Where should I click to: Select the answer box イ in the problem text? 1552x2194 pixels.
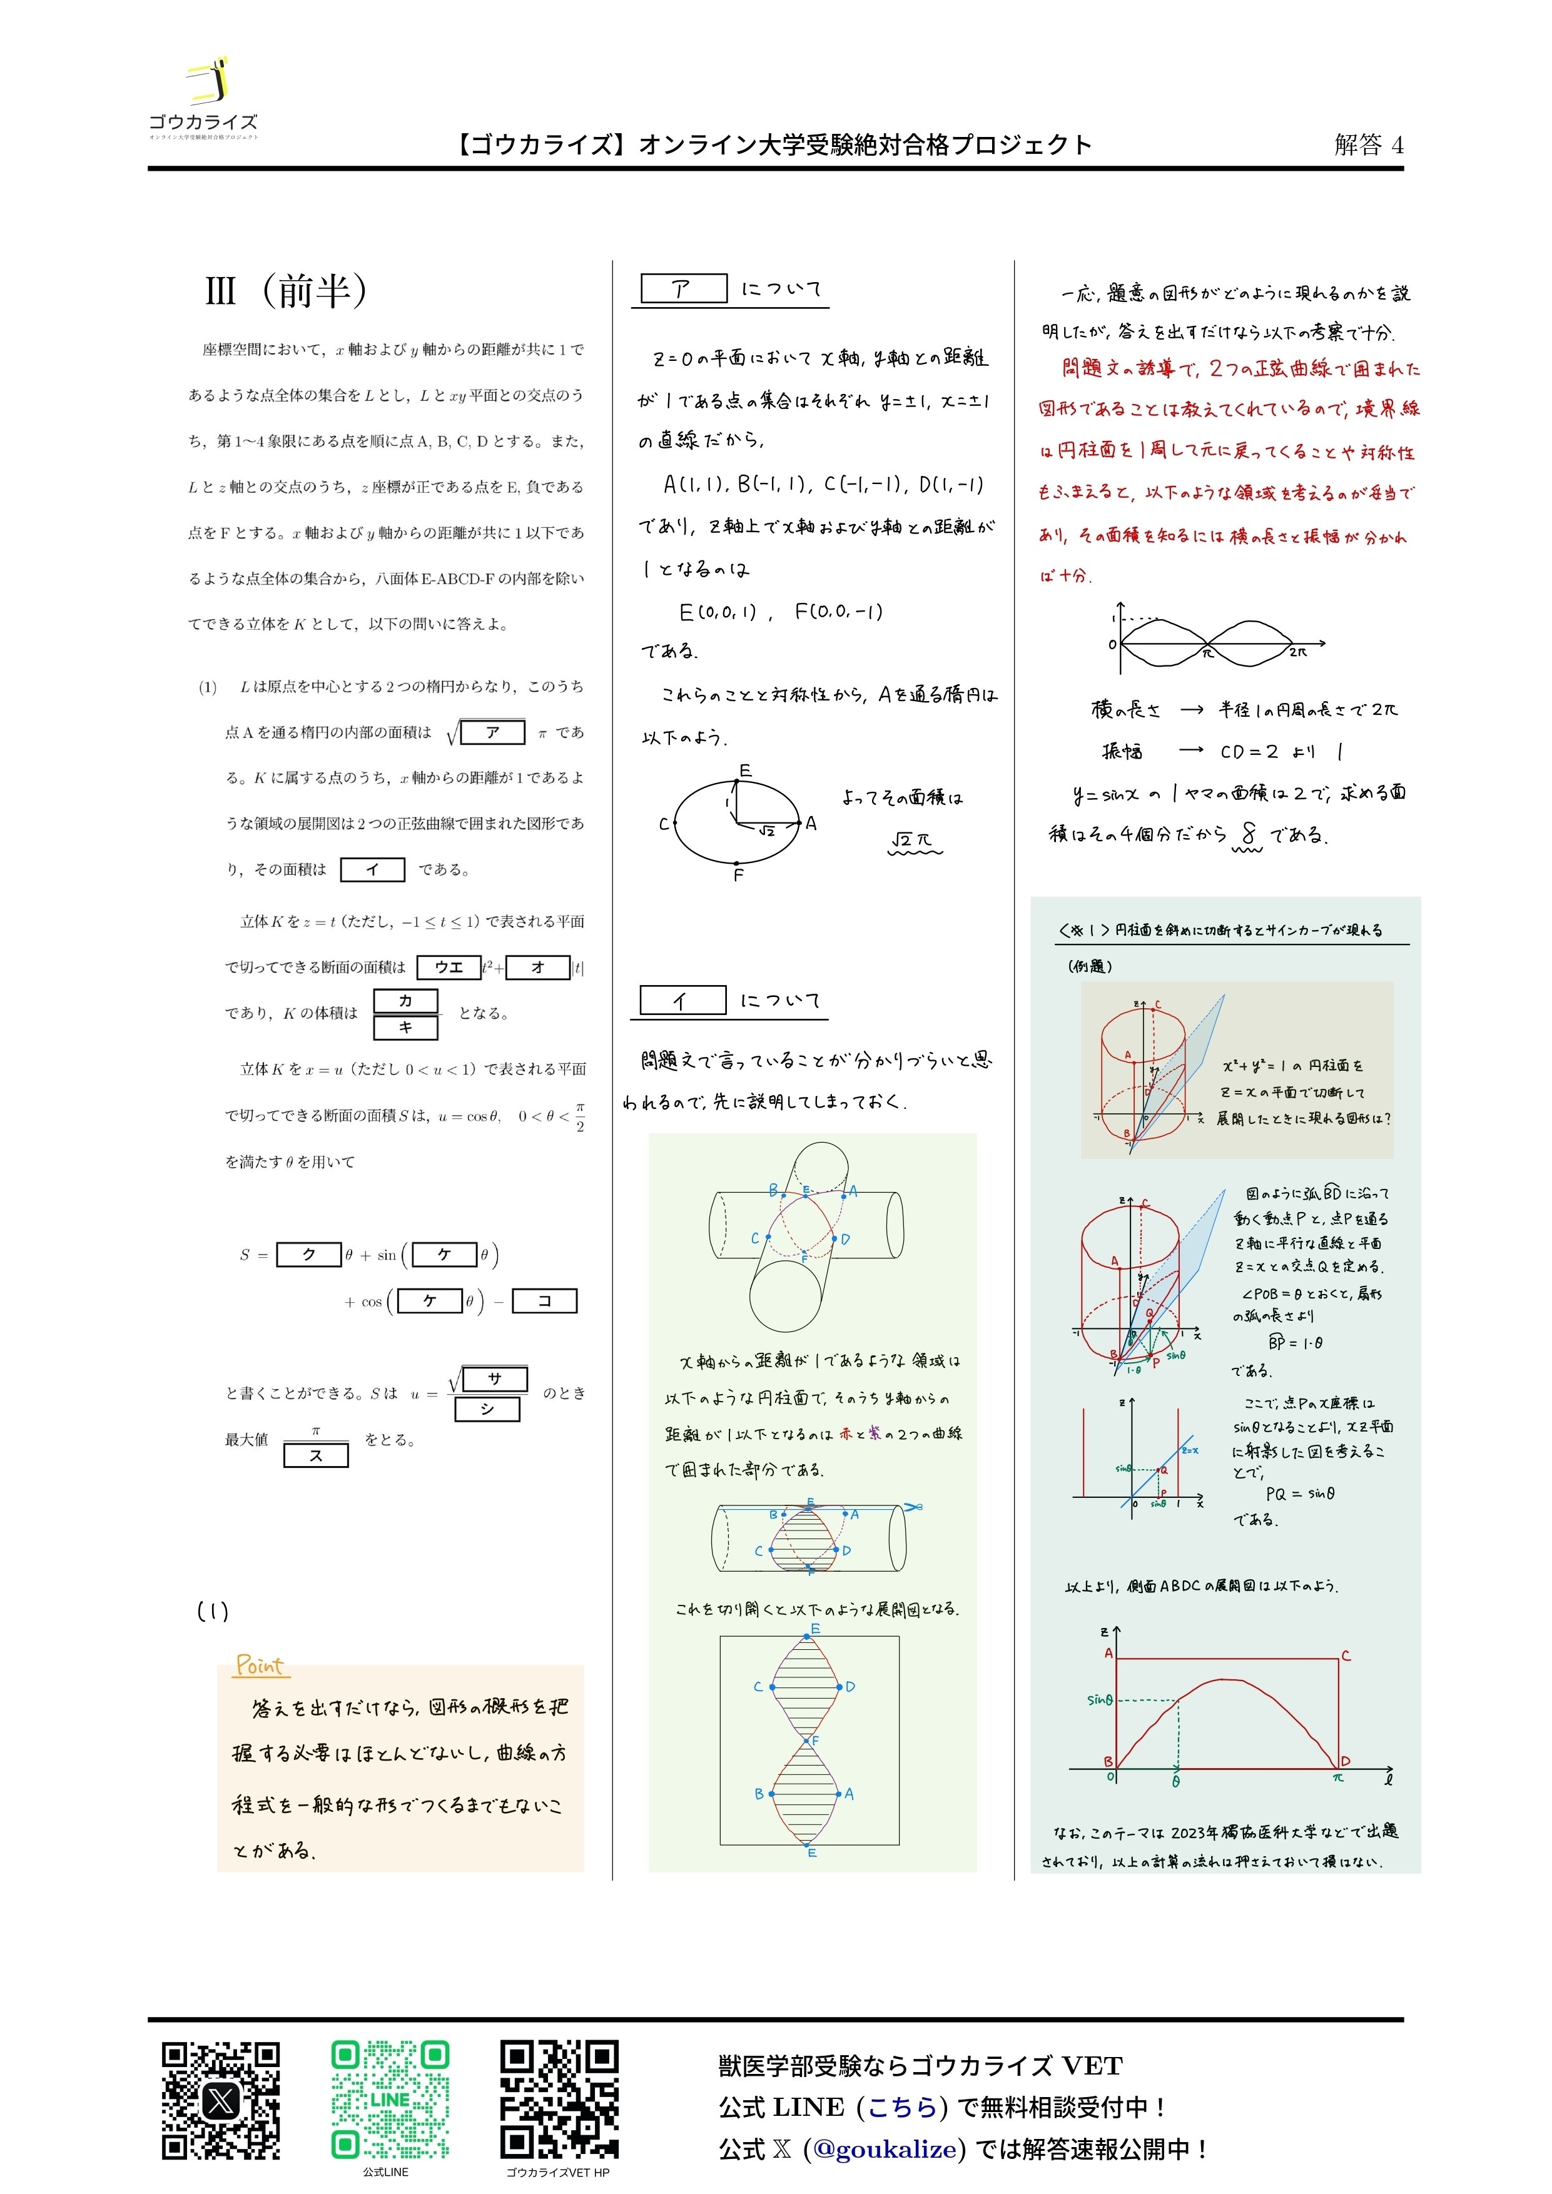pos(373,869)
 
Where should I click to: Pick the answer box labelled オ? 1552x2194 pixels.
pos(537,967)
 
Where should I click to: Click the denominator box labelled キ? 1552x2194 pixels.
pos(405,1027)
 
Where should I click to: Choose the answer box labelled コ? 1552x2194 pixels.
pos(545,1300)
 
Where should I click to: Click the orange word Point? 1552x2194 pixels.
pos(260,1666)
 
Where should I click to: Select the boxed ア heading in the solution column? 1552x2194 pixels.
pos(682,288)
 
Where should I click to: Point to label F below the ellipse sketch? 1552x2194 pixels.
pos(738,874)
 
